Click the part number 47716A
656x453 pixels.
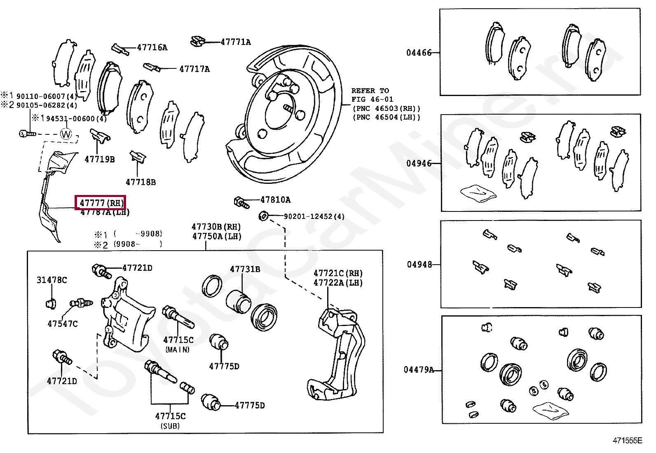click(x=152, y=47)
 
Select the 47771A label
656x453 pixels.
click(x=235, y=42)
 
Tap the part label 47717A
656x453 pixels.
click(x=194, y=69)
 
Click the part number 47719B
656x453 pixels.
click(x=99, y=159)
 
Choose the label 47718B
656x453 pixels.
click(x=141, y=182)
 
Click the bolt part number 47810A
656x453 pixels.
click(x=275, y=200)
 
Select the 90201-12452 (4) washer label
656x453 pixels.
click(x=314, y=216)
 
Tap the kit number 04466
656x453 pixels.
click(x=419, y=53)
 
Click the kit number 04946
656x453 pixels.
click(x=419, y=163)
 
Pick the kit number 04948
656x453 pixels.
click(x=419, y=265)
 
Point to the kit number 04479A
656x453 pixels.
click(x=419, y=370)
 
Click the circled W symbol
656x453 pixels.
click(x=66, y=134)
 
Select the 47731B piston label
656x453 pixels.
click(x=245, y=269)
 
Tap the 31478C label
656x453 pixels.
click(x=52, y=280)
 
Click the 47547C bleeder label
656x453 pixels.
click(x=62, y=324)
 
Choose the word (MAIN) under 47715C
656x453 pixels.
click(x=178, y=350)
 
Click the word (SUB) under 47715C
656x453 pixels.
click(x=170, y=426)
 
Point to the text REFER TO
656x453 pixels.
click(x=370, y=91)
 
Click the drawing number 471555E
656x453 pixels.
click(x=627, y=441)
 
